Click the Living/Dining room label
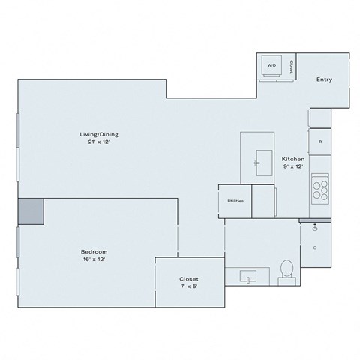click(100, 134)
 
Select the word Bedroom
click(94, 250)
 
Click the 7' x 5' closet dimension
click(189, 285)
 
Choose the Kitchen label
click(292, 160)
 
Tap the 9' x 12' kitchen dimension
click(292, 167)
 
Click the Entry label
click(324, 79)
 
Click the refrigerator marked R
click(320, 142)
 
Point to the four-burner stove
click(320, 188)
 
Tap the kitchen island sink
click(263, 160)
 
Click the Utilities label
click(235, 201)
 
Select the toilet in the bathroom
click(286, 270)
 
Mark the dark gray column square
click(31, 211)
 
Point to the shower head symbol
click(316, 225)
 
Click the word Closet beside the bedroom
click(189, 277)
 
